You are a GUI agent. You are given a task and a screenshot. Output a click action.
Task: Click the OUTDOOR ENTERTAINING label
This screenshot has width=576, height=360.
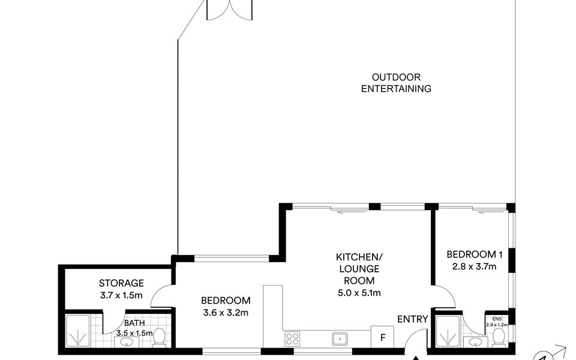pyautogui.click(x=396, y=83)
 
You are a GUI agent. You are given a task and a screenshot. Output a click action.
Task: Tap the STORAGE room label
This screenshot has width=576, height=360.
pyautogui.click(x=121, y=283)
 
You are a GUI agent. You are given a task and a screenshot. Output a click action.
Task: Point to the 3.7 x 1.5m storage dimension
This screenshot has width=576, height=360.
pyautogui.click(x=121, y=295)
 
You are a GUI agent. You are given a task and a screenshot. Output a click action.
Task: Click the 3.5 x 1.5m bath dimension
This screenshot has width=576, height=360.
pyautogui.click(x=134, y=333)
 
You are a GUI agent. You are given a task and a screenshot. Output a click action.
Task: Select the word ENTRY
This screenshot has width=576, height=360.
pyautogui.click(x=413, y=319)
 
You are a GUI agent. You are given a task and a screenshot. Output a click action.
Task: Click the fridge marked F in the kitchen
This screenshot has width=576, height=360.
pyautogui.click(x=382, y=337)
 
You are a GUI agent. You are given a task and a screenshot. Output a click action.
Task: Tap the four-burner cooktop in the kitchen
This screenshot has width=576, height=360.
pyautogui.click(x=292, y=338)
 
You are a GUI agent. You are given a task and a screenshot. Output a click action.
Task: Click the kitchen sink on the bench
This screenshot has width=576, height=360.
pyautogui.click(x=340, y=338)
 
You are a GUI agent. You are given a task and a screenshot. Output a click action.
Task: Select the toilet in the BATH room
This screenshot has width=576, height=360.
pyautogui.click(x=159, y=337)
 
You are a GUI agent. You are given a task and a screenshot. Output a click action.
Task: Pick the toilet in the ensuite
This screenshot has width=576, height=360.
pyautogui.click(x=499, y=337)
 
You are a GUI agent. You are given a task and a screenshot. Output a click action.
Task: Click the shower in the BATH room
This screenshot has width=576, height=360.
pyautogui.click(x=77, y=331)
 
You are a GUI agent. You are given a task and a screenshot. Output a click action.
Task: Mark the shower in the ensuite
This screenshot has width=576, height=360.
pyautogui.click(x=448, y=331)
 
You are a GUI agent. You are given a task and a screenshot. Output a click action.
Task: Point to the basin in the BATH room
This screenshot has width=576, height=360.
pyautogui.click(x=127, y=343)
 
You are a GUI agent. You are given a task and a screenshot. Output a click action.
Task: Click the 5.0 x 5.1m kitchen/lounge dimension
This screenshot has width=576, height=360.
pyautogui.click(x=359, y=293)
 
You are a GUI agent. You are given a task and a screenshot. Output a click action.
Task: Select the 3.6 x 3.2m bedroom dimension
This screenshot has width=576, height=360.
pyautogui.click(x=226, y=313)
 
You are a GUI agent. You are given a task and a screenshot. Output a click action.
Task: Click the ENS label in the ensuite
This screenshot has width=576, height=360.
pyautogui.click(x=497, y=319)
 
